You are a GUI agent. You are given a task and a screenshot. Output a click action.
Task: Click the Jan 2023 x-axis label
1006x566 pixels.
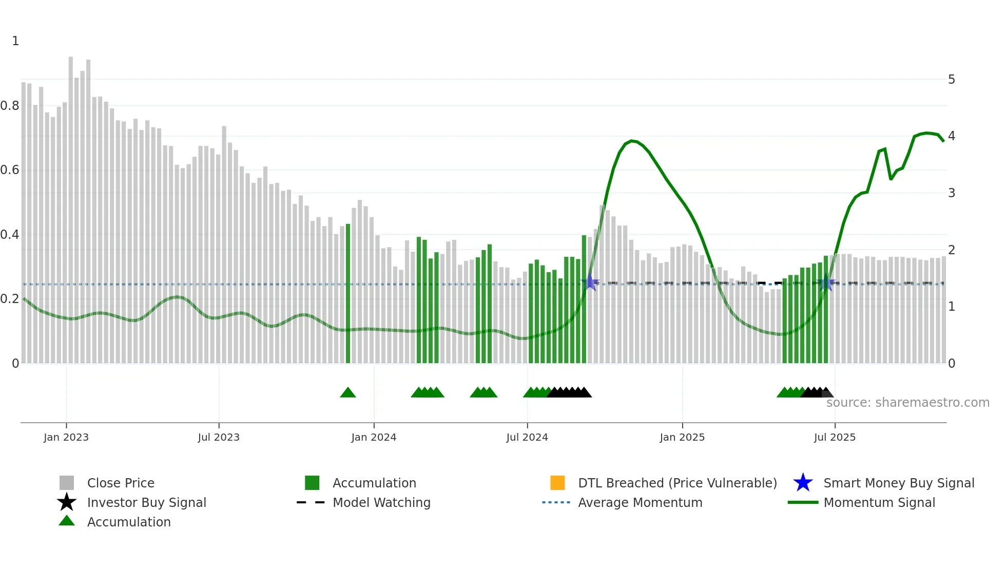coord(66,437)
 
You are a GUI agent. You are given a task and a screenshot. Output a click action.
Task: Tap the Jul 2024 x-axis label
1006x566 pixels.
coord(527,437)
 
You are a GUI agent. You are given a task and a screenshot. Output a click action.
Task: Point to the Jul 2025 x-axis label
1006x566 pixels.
coord(835,437)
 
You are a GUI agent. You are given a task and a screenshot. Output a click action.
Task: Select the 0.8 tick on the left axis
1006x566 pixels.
coord(10,106)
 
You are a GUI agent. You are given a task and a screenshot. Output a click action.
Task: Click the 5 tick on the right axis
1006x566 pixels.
coord(952,80)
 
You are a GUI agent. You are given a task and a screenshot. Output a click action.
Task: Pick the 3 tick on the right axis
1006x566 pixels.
coord(952,193)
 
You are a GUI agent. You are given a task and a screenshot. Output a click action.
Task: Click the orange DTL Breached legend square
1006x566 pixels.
coord(557,483)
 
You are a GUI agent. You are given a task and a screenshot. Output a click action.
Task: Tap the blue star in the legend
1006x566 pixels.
coord(803,483)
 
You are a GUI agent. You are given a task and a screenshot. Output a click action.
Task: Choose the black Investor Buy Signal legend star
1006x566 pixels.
coord(67,502)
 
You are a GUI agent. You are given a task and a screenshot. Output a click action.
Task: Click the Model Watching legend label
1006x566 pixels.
coord(381,502)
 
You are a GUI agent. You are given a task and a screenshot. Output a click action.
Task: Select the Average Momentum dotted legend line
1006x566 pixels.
coord(556,502)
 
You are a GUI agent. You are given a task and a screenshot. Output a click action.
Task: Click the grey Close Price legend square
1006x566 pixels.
coord(67,483)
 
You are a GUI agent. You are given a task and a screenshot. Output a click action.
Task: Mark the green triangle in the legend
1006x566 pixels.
coord(67,521)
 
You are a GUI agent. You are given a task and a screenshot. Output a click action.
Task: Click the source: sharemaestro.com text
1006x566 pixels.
coord(907,403)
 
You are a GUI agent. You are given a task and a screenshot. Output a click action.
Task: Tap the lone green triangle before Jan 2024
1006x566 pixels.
coord(348,393)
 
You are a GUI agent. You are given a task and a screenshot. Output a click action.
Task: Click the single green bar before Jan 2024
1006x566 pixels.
coord(348,293)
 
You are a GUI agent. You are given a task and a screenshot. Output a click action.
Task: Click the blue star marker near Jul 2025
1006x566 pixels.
coord(826,283)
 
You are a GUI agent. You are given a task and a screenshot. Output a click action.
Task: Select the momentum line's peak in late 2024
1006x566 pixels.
coord(632,140)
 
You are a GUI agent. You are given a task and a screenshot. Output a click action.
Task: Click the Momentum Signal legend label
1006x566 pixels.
coord(879,502)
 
